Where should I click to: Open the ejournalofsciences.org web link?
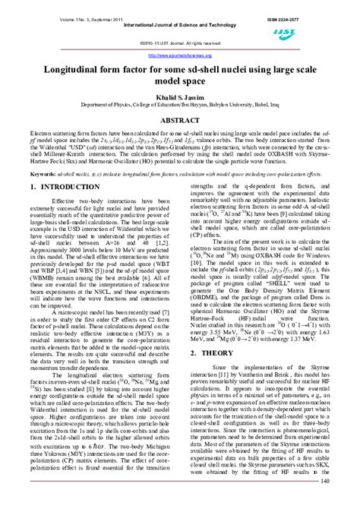tap(180, 55)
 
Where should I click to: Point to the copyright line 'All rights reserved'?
tap(194, 43)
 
